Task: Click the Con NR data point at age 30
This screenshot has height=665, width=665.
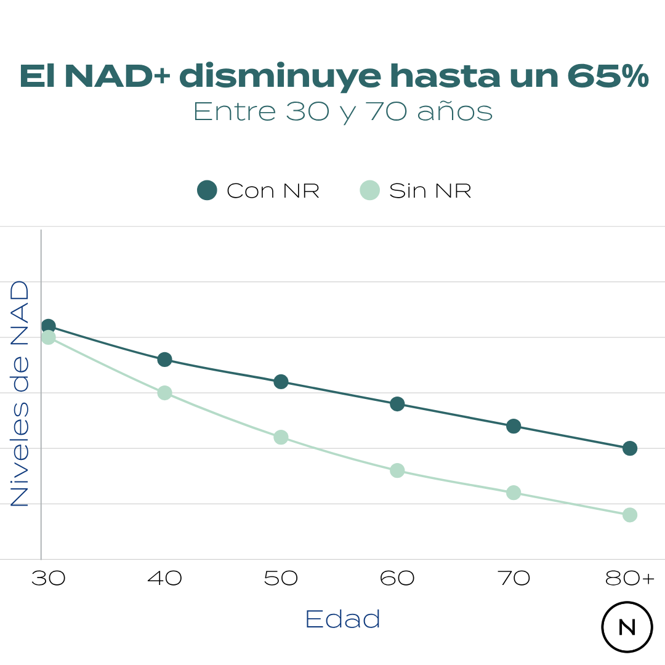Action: tap(49, 326)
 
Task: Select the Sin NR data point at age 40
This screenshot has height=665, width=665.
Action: tap(164, 392)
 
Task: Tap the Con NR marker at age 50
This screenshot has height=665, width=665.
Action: tap(281, 381)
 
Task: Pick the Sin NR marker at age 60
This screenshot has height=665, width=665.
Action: tap(397, 470)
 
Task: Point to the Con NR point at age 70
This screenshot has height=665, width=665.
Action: tap(514, 425)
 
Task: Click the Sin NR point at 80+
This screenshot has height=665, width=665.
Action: tap(629, 515)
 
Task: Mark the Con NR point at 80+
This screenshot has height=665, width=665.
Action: tap(629, 448)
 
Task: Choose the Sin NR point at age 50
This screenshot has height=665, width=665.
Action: tap(281, 437)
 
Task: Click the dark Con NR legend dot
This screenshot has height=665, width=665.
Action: tap(207, 190)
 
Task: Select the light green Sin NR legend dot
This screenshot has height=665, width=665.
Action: tap(369, 190)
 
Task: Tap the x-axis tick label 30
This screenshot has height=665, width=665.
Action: tap(49, 579)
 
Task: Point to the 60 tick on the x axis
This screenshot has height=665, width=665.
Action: tap(397, 579)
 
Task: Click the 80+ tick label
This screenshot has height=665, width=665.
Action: tap(630, 579)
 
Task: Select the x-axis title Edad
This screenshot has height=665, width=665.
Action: tap(342, 619)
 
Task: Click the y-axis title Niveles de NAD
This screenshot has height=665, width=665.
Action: tap(20, 394)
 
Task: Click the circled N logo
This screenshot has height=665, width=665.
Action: tap(627, 627)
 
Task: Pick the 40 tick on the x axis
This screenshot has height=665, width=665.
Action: tap(164, 579)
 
